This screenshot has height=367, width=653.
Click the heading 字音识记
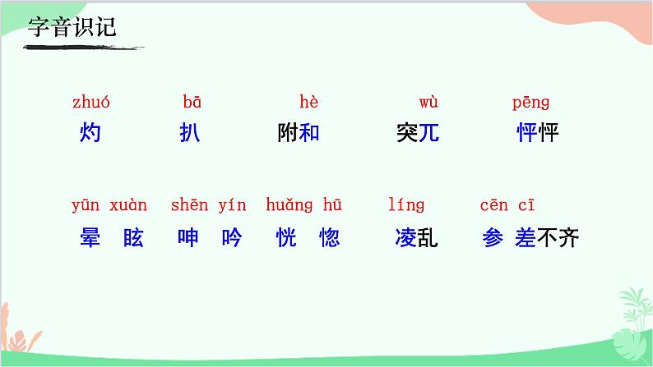click(x=72, y=27)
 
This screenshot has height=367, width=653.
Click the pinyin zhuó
click(x=90, y=103)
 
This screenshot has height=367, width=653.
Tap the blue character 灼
click(x=90, y=132)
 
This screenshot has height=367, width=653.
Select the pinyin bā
click(x=192, y=103)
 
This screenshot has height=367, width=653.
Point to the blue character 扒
click(x=189, y=132)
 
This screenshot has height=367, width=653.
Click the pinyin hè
click(x=308, y=103)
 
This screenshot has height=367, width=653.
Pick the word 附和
click(x=299, y=132)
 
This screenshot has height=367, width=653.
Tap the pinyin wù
click(x=428, y=103)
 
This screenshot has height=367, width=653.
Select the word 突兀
click(x=418, y=132)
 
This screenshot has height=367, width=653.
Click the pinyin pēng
click(x=530, y=103)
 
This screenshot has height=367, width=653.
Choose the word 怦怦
click(x=538, y=132)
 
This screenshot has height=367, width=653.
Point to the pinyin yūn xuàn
click(x=109, y=205)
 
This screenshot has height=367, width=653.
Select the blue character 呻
click(x=188, y=238)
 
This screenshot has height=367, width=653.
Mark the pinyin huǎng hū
click(x=303, y=205)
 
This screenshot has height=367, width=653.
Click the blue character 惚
click(x=329, y=238)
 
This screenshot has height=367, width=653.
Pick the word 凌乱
click(x=416, y=238)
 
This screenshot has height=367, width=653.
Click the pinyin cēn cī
click(x=507, y=205)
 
